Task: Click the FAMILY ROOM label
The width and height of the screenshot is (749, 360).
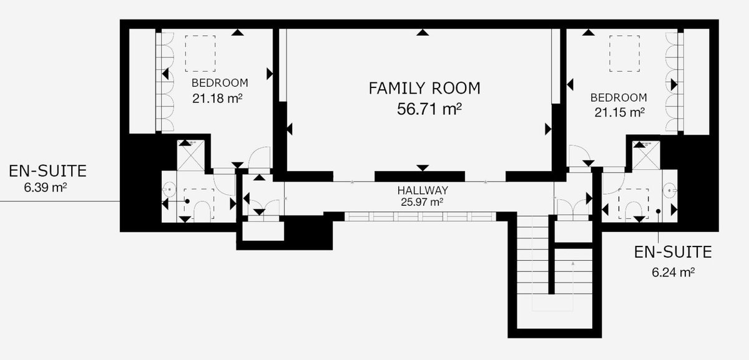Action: click(x=424, y=88)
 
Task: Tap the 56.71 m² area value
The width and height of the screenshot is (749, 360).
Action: click(x=429, y=109)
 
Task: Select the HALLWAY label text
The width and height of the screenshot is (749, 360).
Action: click(x=423, y=190)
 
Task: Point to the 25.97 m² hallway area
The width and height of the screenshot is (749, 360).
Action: click(x=423, y=202)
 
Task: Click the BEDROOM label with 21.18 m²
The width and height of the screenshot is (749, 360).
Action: click(x=220, y=83)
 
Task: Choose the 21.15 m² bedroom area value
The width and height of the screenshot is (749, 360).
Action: click(x=619, y=112)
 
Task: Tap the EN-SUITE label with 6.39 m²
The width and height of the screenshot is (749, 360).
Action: click(x=47, y=171)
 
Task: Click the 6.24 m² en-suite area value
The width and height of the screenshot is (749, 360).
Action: click(x=673, y=272)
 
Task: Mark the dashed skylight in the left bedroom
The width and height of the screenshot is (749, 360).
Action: click(x=200, y=54)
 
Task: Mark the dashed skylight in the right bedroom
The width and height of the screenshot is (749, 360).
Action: click(x=624, y=54)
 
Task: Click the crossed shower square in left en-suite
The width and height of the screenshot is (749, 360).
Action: click(x=190, y=155)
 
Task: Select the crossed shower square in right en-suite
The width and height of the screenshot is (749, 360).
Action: click(x=646, y=155)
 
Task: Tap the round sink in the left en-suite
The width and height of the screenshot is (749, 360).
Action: click(x=170, y=189)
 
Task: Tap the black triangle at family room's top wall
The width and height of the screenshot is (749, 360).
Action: click(x=423, y=32)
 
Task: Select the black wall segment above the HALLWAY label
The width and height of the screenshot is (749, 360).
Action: click(x=419, y=177)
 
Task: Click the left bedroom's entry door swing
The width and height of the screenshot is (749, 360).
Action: click(x=259, y=158)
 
